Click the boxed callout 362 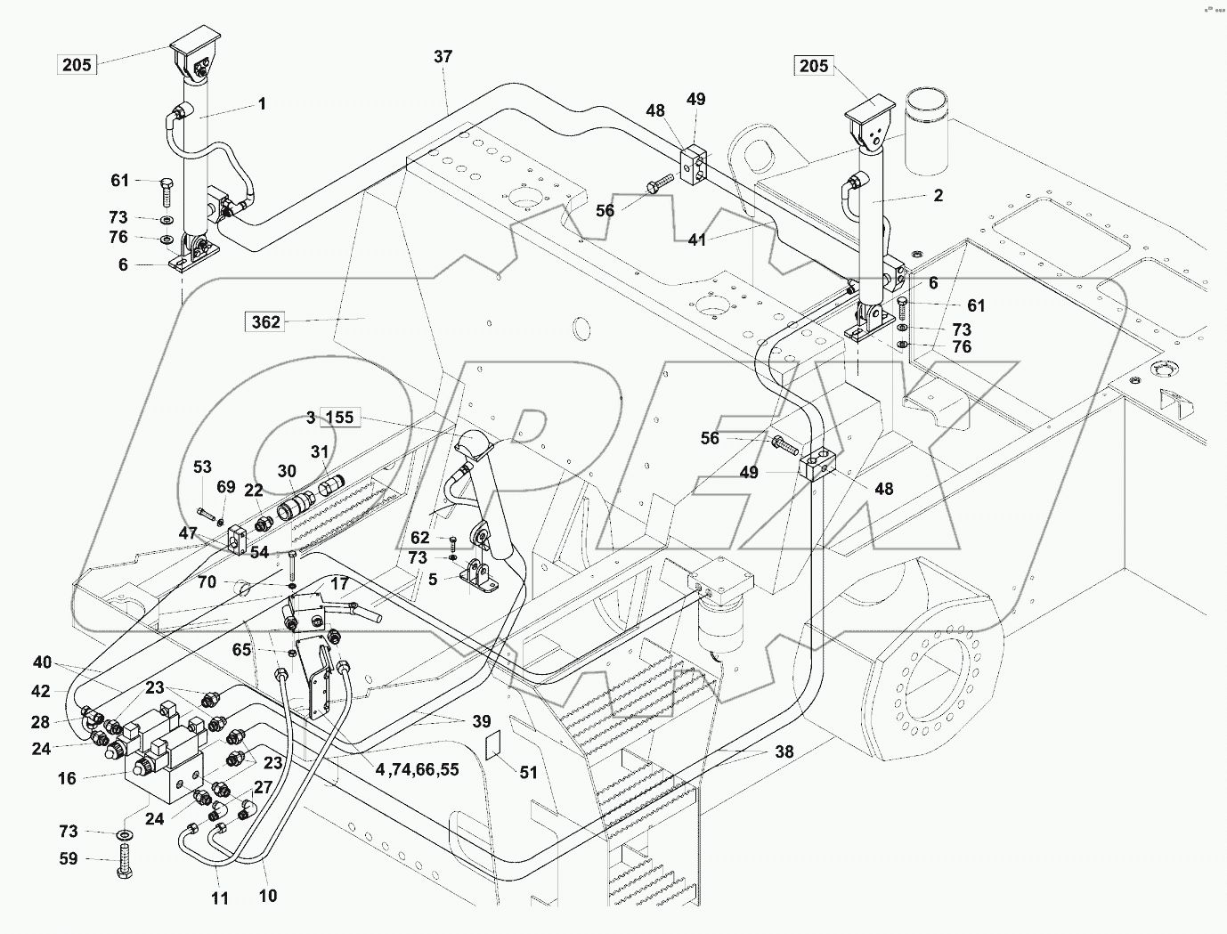[265, 322]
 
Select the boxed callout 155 [339, 417]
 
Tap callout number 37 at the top [443, 56]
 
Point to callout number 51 [529, 772]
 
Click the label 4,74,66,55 [417, 768]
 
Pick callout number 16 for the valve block [68, 778]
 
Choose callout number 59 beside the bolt [68, 859]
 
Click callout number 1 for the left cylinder [262, 104]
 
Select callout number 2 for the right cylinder [938, 196]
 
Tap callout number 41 [697, 240]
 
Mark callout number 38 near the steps [784, 751]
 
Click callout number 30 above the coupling [287, 471]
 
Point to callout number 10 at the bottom [267, 895]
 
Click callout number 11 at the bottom [220, 898]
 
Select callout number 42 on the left [42, 691]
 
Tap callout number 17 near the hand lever [339, 584]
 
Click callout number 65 [241, 650]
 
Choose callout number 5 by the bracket [434, 579]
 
